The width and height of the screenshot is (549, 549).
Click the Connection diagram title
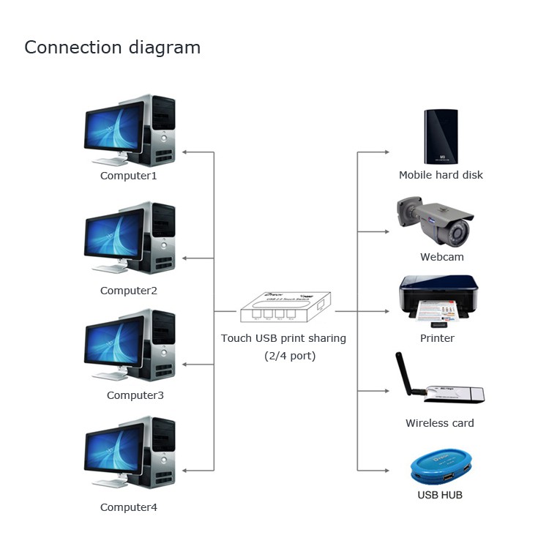click(x=112, y=48)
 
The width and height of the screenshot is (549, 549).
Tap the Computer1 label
click(x=129, y=176)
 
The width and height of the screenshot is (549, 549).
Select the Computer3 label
click(x=135, y=395)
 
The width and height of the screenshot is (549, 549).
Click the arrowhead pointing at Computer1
click(x=184, y=152)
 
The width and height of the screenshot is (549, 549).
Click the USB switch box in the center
click(x=285, y=307)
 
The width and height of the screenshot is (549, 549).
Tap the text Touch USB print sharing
click(x=283, y=338)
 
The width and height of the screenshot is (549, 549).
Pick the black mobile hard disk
click(x=441, y=137)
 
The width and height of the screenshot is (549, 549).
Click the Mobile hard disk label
click(x=441, y=175)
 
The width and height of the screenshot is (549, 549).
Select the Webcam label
click(x=442, y=257)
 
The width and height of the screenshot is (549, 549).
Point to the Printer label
click(x=437, y=338)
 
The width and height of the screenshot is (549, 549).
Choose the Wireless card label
click(x=440, y=423)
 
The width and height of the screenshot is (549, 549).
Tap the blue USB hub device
click(x=441, y=466)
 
